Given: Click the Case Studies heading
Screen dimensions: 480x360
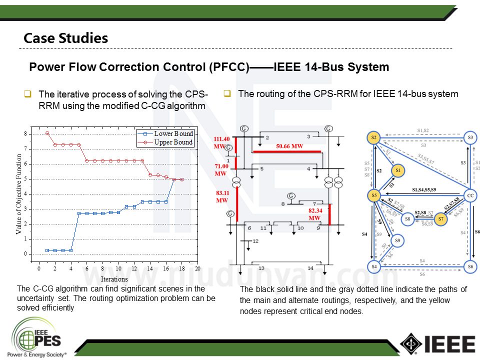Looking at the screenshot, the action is pyautogui.click(x=66, y=38).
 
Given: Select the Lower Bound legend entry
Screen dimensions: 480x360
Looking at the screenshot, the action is pyautogui.click(x=173, y=134).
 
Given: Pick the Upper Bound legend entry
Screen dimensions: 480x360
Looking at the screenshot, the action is pyautogui.click(x=173, y=142).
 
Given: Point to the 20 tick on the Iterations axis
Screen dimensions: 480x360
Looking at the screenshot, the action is pyautogui.click(x=197, y=268).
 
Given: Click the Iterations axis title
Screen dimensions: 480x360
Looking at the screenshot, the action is pyautogui.click(x=114, y=279).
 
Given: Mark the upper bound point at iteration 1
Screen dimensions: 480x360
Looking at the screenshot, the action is pyautogui.click(x=47, y=133).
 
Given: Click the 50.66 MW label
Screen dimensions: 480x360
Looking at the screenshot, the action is pyautogui.click(x=290, y=146).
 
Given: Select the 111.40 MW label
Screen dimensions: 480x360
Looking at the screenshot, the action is pyautogui.click(x=221, y=142).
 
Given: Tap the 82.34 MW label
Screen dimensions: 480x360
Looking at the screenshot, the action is pyautogui.click(x=314, y=214).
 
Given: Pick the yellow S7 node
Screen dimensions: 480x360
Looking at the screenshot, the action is pyautogui.click(x=440, y=218).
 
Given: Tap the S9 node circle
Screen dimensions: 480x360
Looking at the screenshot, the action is pyautogui.click(x=398, y=241).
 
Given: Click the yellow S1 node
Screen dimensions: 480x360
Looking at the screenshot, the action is pyautogui.click(x=398, y=170).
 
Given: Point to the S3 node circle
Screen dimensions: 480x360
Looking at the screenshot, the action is pyautogui.click(x=469, y=137).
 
